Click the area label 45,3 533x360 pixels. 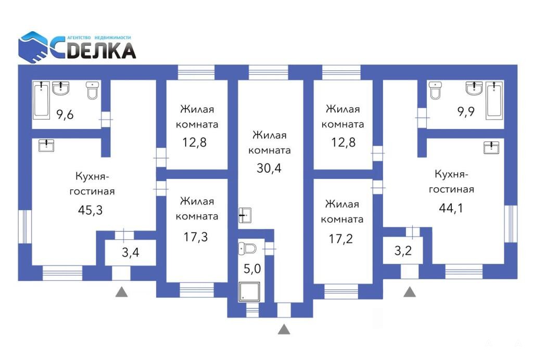90,210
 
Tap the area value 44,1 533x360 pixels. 451,208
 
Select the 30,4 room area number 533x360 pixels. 269,168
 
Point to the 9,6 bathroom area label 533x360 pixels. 65,114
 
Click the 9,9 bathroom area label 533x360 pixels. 466,111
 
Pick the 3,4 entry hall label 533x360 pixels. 131,252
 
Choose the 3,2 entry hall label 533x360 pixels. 403,251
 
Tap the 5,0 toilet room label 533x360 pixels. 252,268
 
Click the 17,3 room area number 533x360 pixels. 196,237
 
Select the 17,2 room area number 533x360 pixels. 340,239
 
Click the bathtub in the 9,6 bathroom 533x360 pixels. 42,100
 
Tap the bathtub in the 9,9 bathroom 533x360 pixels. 494,100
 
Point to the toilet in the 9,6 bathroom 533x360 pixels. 92,91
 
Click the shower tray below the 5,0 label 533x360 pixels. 249,292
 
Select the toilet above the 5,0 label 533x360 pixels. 247,249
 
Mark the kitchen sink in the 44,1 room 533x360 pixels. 491,148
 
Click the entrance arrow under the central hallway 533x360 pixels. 284,329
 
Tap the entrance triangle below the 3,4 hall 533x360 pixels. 121,292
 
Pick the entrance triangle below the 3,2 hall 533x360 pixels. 410,292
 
